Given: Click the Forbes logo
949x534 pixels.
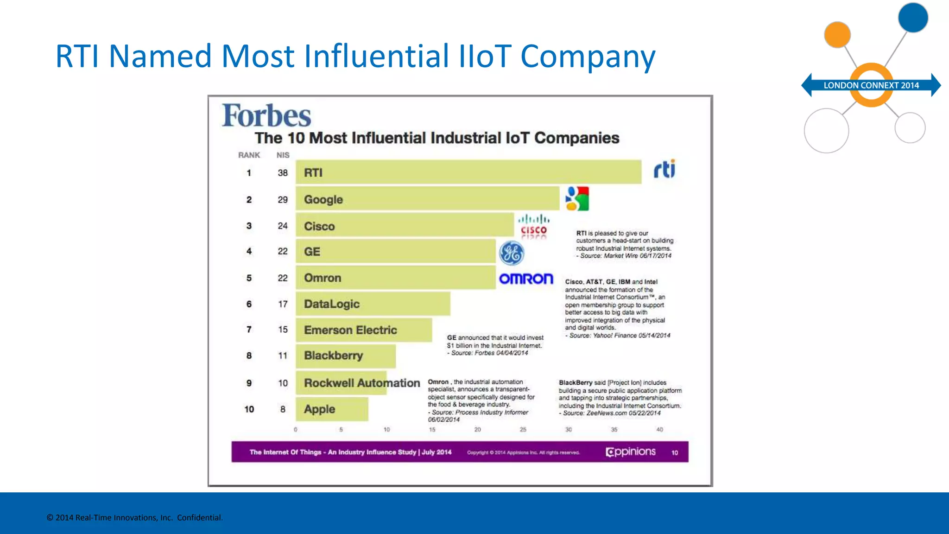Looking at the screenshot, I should click(x=266, y=115).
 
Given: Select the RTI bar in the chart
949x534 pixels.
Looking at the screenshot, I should click(x=468, y=172).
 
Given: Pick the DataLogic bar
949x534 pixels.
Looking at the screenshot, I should click(x=373, y=304).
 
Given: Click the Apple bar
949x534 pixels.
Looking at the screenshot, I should click(x=332, y=409).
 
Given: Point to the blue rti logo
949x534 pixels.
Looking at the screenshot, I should click(x=664, y=169).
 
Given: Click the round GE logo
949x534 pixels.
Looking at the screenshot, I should click(x=511, y=253).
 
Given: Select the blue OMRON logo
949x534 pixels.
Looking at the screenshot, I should click(x=526, y=279).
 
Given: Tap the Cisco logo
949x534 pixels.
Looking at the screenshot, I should click(x=533, y=226).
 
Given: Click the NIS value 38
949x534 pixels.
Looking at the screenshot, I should click(x=283, y=173).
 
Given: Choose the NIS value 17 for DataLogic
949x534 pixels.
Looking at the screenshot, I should click(x=283, y=304).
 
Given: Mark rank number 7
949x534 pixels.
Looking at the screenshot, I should click(x=249, y=330).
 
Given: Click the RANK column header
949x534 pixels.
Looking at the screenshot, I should click(x=249, y=155).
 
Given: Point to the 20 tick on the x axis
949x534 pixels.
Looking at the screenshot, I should click(x=477, y=430).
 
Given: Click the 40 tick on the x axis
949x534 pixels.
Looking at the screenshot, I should click(x=659, y=430).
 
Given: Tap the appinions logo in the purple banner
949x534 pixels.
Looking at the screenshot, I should click(x=631, y=452).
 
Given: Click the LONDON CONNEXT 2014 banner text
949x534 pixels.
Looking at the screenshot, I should click(x=871, y=85).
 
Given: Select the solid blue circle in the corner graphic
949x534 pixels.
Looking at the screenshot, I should click(x=913, y=18).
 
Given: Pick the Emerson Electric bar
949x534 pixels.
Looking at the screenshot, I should click(x=364, y=330).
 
